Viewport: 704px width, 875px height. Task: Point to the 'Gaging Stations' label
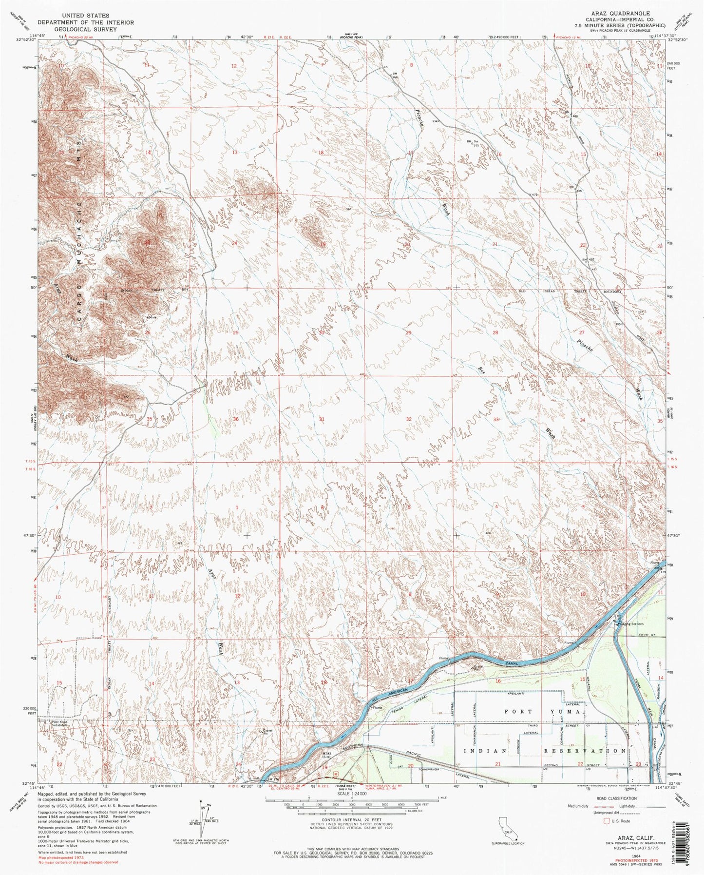tap(632, 623)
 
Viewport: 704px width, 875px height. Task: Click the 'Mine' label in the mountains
tap(152, 317)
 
